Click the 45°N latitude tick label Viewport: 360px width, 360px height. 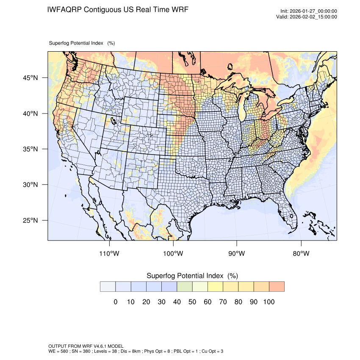pyautogui.click(x=30, y=78)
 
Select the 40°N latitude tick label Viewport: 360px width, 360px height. pyautogui.click(x=30, y=114)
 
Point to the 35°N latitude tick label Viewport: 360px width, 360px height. pyautogui.click(x=30, y=149)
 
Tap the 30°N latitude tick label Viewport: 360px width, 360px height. pyautogui.click(x=30, y=185)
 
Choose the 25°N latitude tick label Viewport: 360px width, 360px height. pyautogui.click(x=30, y=220)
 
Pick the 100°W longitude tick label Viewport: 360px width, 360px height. pyautogui.click(x=173, y=254)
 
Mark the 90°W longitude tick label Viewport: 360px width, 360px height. pyautogui.click(x=237, y=254)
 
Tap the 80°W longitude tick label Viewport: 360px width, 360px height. pyautogui.click(x=301, y=254)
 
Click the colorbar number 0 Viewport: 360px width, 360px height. pyautogui.click(x=115, y=302)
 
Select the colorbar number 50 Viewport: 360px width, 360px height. pyautogui.click(x=192, y=302)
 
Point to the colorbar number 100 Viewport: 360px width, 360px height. pyautogui.click(x=269, y=302)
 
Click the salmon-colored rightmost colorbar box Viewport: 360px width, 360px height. pyautogui.click(x=277, y=287)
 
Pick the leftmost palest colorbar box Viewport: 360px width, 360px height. pyautogui.click(x=108, y=287)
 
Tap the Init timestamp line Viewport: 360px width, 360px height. pyautogui.click(x=309, y=11)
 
